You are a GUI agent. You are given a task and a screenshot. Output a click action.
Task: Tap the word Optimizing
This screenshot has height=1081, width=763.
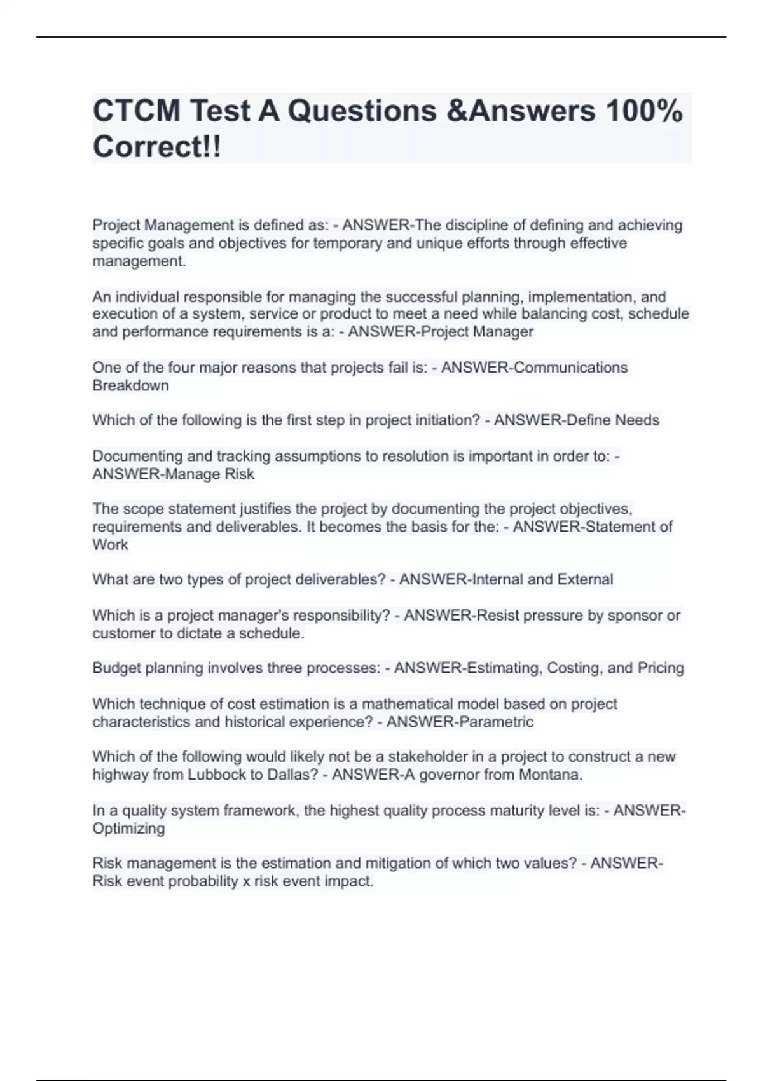(x=128, y=829)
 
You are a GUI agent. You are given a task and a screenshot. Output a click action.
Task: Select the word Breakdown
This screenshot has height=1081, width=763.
(x=130, y=385)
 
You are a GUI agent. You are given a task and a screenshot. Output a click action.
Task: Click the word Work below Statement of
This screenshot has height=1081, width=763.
(x=110, y=545)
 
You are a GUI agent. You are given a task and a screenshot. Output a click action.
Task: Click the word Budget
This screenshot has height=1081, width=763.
(x=116, y=668)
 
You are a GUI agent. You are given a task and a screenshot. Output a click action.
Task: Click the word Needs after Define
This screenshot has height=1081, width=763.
(x=638, y=420)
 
